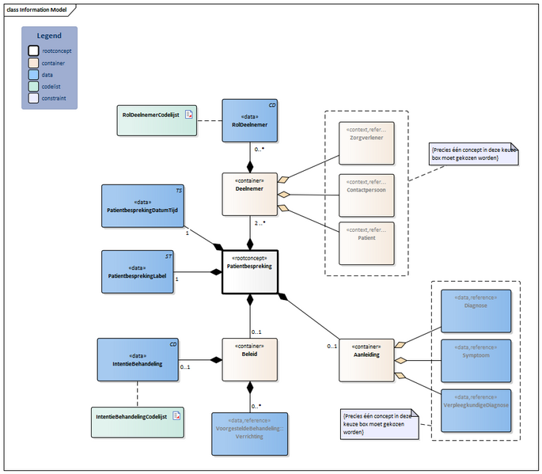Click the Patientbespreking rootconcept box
pos(250,270)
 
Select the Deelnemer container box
pos(250,194)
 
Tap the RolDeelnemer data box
pos(250,120)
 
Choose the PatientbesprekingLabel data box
pos(138,271)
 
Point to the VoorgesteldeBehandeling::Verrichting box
pos(250,433)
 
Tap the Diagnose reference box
pos(476,311)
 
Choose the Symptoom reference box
pos(476,360)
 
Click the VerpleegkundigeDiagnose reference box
pos(476,409)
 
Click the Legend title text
pos(50,36)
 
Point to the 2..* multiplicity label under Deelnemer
pos(260,225)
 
